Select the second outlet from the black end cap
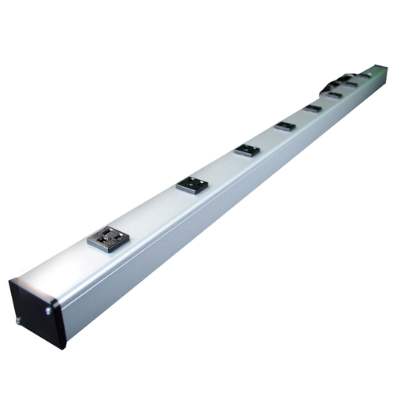click(192, 184)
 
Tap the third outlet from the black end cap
click(247, 149)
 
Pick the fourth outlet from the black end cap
click(285, 125)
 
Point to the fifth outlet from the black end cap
click(313, 108)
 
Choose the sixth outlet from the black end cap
click(334, 95)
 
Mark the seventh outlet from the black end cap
click(350, 84)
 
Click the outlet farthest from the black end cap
click(367, 74)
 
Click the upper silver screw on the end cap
click(50, 310)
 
